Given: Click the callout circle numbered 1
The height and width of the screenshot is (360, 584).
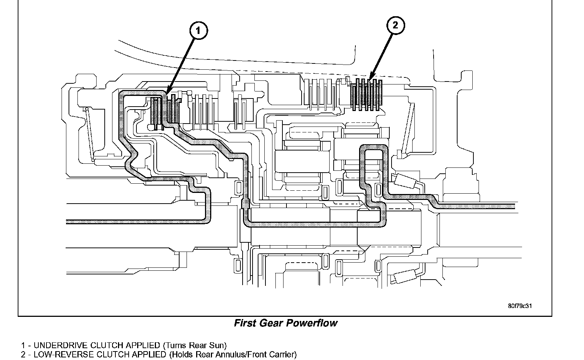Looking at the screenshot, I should (x=198, y=31).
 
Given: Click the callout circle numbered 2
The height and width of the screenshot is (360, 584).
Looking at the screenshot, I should (x=395, y=25).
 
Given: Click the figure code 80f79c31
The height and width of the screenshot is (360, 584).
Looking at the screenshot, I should (x=520, y=306).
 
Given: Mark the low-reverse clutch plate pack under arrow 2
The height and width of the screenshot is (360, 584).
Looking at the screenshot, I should (x=367, y=95).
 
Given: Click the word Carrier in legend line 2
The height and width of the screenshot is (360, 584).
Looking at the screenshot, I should (x=283, y=355).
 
